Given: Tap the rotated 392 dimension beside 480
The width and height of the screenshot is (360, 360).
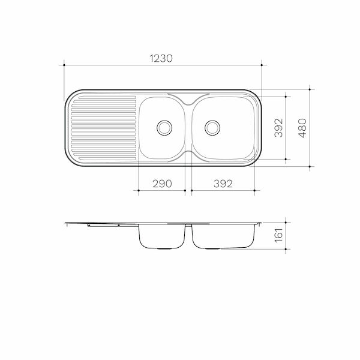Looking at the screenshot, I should click(278, 127).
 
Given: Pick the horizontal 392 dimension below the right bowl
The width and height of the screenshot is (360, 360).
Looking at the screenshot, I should click(222, 184).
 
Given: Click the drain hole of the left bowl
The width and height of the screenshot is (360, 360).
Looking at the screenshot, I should click(163, 127).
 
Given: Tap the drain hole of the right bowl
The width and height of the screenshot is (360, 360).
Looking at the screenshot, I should click(211, 127).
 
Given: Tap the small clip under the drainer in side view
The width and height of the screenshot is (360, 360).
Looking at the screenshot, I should click(89, 226).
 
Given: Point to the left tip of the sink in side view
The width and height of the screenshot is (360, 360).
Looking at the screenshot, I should click(65, 223).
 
